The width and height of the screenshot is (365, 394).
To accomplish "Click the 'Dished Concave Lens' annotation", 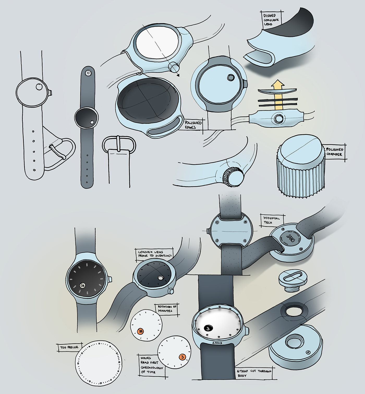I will [271, 20].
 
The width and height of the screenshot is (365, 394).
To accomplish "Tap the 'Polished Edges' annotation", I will [193, 125].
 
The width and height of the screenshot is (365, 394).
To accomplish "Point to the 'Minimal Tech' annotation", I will [271, 220].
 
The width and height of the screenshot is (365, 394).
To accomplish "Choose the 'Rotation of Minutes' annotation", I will [167, 308].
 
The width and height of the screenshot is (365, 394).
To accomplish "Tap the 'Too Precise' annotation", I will [69, 347].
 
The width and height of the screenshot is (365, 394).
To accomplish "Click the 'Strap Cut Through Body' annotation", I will [254, 373].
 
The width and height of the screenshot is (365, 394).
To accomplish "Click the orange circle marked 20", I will [141, 331].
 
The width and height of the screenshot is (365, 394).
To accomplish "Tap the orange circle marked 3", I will [182, 357].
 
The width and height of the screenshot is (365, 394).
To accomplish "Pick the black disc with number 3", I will [208, 328].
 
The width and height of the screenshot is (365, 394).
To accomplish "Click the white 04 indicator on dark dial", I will [83, 285].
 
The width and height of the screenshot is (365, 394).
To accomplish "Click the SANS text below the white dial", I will [217, 343].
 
